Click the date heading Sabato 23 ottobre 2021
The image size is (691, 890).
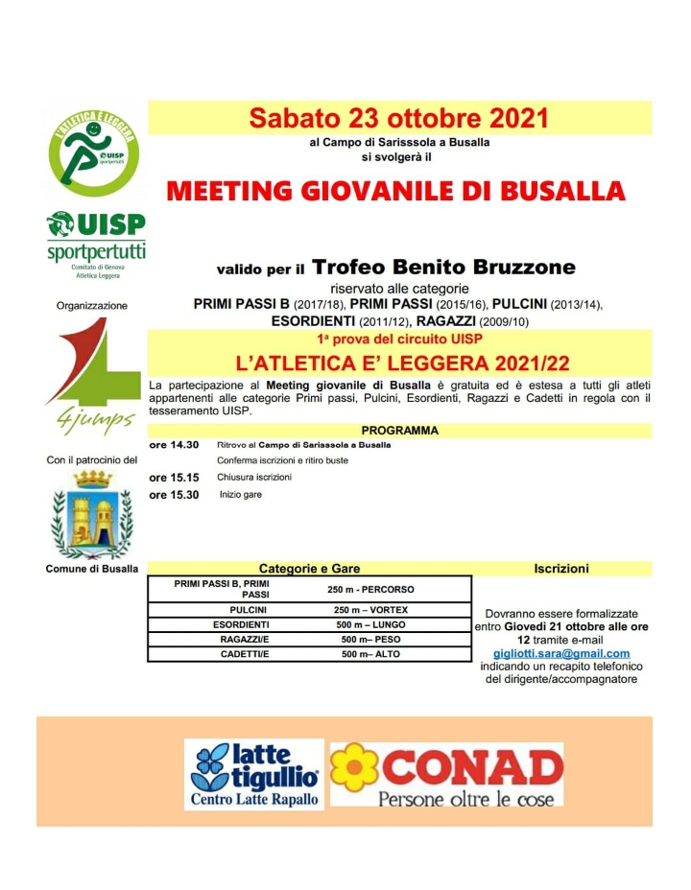(x=398, y=118)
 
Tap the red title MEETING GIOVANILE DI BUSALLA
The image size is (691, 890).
(x=396, y=189)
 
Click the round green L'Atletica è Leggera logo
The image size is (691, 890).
(x=94, y=153)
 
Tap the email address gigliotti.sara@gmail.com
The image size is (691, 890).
(x=561, y=653)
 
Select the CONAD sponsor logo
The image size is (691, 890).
(x=446, y=774)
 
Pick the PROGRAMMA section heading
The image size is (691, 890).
(x=399, y=431)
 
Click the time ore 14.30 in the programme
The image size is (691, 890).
(x=174, y=445)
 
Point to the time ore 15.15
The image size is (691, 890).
(x=174, y=478)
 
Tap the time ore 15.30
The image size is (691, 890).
(x=174, y=495)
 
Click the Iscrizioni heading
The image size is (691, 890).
(x=561, y=569)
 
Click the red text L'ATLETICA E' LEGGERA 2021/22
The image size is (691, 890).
(x=399, y=363)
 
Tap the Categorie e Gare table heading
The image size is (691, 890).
(x=309, y=569)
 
